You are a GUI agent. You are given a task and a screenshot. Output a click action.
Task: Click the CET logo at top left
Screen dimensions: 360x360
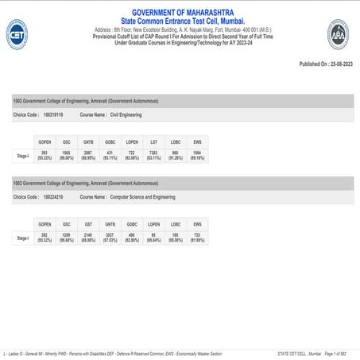[17, 35]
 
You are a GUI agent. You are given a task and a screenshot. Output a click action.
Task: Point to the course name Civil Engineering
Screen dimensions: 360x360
[126, 114]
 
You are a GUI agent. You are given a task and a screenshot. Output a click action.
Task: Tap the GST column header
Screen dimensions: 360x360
[88, 224]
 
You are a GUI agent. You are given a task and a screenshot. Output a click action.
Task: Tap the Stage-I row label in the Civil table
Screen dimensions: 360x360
[23, 156]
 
